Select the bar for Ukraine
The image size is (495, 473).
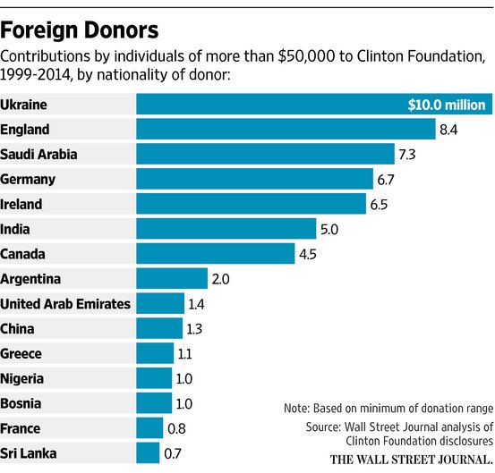[x=269, y=104]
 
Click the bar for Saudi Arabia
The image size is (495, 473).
[x=265, y=154]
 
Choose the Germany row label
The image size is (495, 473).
[x=29, y=179]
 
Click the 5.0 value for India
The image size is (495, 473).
[x=330, y=229]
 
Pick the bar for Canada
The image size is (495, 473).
[x=215, y=254]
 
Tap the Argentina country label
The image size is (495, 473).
[x=31, y=279]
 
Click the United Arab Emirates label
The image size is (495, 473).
[x=66, y=304]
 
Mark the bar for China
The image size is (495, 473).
[x=158, y=328]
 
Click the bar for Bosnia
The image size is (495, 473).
[x=153, y=403]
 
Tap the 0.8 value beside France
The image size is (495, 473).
[x=176, y=428]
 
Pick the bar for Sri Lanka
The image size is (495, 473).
[x=148, y=453]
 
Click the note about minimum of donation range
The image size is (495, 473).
[x=387, y=407]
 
